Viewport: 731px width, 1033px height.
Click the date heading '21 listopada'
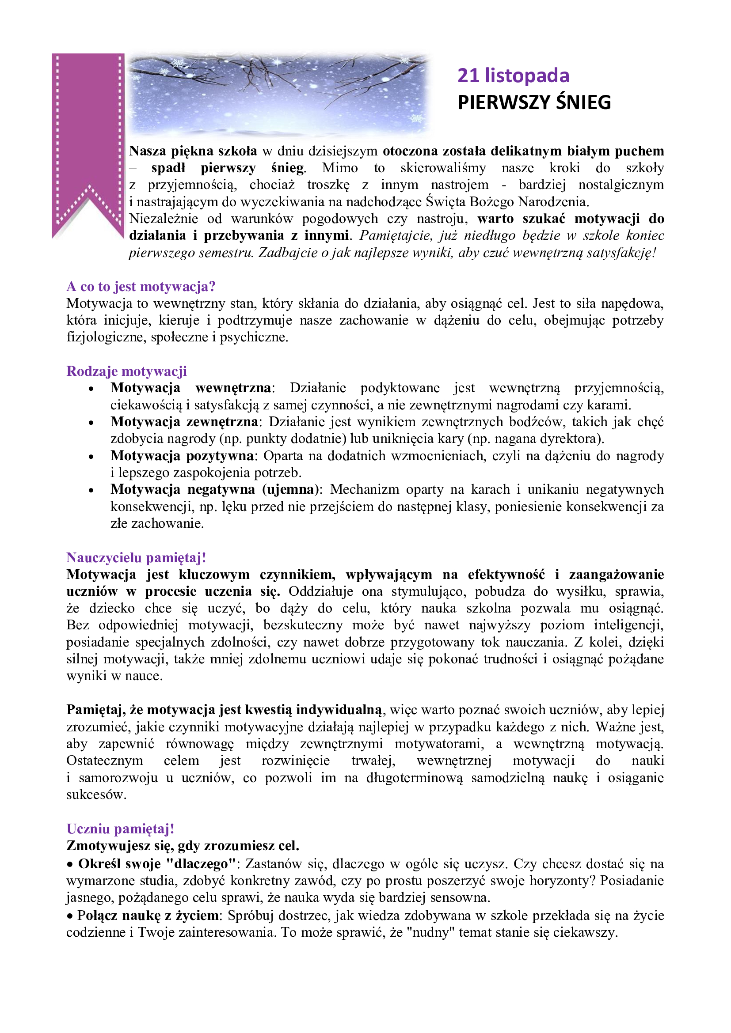click(x=513, y=76)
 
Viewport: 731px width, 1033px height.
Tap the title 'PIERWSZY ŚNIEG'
click(x=534, y=102)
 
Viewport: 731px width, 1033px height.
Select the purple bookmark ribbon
click(x=88, y=135)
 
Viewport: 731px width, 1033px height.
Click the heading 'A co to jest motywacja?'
click(x=141, y=287)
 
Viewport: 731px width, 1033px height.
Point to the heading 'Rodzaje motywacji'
click(x=126, y=371)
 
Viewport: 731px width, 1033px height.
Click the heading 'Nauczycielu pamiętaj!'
click(x=137, y=558)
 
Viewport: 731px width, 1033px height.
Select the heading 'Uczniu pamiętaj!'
click(x=120, y=829)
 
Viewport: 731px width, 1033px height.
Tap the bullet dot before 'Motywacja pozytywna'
click(x=91, y=457)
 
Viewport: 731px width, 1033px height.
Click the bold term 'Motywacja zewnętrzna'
click(x=184, y=422)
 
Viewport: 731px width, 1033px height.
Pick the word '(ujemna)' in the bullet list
click(x=290, y=489)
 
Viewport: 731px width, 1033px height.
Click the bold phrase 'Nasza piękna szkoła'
click(x=193, y=151)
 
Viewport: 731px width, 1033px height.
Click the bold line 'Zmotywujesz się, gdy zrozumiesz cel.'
click(x=183, y=846)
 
